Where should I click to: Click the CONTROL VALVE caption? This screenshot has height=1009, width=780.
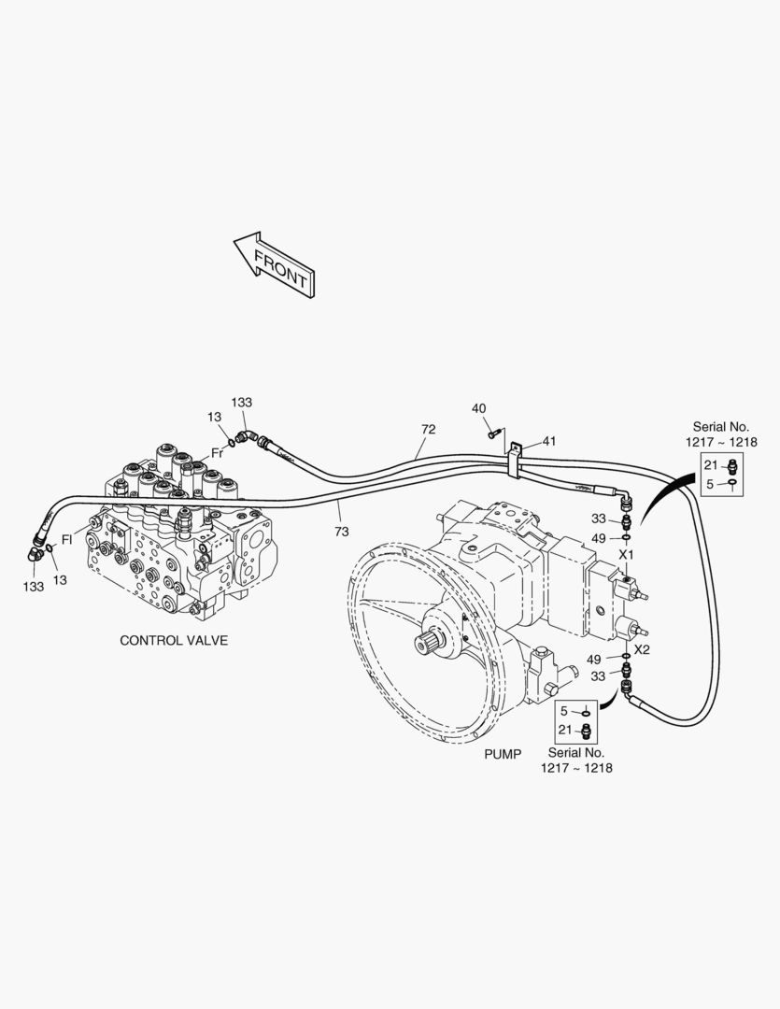pos(174,641)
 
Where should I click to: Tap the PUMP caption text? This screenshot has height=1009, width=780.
pos(502,753)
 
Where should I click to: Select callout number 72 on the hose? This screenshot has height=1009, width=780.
pos(428,430)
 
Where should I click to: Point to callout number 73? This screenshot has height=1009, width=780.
pos(341,532)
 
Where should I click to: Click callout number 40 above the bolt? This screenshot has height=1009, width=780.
pos(478,408)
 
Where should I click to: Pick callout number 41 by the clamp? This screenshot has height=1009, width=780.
pos(548,441)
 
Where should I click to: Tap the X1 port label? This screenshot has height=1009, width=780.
pos(627,554)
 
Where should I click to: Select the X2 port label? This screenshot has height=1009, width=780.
pos(642,649)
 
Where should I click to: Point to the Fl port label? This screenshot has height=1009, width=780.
pos(66,539)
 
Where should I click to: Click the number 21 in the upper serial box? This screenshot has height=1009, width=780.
pos(710,465)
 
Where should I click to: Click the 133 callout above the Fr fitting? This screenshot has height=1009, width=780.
pos(241,403)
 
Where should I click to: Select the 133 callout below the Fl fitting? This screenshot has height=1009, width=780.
pos(34,586)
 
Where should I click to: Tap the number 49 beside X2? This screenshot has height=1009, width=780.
pos(594,660)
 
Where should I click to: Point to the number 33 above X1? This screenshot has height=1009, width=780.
pos(598,519)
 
